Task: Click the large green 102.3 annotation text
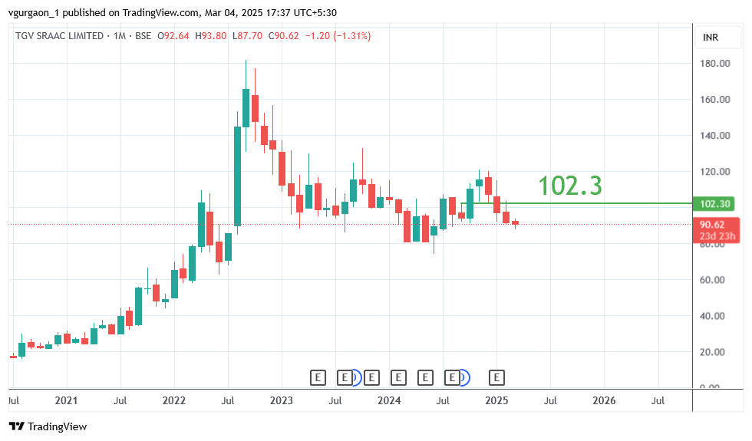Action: coord(569,186)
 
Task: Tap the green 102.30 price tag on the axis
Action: coord(715,204)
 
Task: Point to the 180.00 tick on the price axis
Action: coord(715,64)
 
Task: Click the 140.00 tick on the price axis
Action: coord(715,136)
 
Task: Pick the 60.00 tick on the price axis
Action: coord(715,280)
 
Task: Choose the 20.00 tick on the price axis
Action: coord(715,352)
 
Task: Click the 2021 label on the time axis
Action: coord(67,400)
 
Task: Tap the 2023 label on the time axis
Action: coord(282,400)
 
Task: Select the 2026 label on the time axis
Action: coord(604,400)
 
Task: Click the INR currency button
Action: coord(711,38)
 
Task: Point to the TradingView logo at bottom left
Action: coord(48,426)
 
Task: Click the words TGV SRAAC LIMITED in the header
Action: coord(60,36)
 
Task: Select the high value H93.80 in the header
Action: coord(211,36)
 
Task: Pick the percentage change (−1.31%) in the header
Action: coord(351,36)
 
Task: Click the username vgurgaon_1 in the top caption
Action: coord(35,12)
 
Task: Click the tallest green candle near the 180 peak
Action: coord(246,107)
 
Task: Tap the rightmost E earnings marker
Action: coord(497,377)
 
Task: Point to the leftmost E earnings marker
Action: coord(318,377)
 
